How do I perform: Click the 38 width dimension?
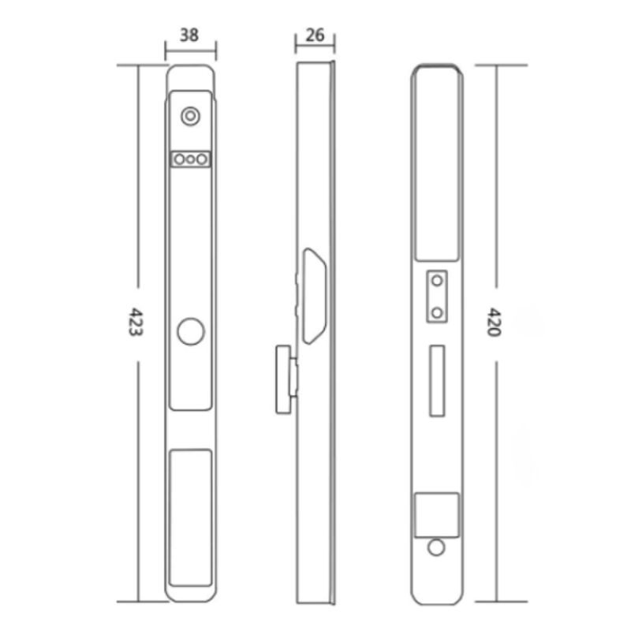pyautogui.click(x=189, y=35)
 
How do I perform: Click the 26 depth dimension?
pyautogui.click(x=315, y=35)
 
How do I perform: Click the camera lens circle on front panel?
pyautogui.click(x=190, y=116)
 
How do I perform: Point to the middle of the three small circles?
pyautogui.click(x=190, y=159)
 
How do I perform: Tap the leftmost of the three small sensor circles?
pyautogui.click(x=180, y=159)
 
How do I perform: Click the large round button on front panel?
pyautogui.click(x=191, y=331)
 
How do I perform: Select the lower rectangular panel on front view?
pyautogui.click(x=191, y=518)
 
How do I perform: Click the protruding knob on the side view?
pyautogui.click(x=284, y=379)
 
